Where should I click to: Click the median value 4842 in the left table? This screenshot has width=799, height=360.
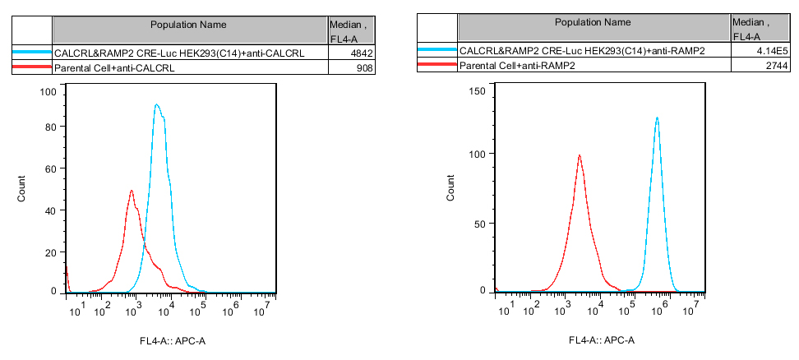click(x=362, y=54)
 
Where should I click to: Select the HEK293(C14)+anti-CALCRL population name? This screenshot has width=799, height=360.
click(x=179, y=54)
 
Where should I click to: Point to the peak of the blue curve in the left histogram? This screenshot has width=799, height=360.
click(x=155, y=105)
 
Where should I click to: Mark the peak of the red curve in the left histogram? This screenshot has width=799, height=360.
click(x=132, y=191)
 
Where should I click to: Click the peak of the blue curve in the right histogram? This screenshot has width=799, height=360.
click(x=657, y=118)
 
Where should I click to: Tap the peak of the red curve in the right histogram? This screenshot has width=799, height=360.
click(x=580, y=155)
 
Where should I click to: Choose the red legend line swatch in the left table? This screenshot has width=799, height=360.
click(x=32, y=68)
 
